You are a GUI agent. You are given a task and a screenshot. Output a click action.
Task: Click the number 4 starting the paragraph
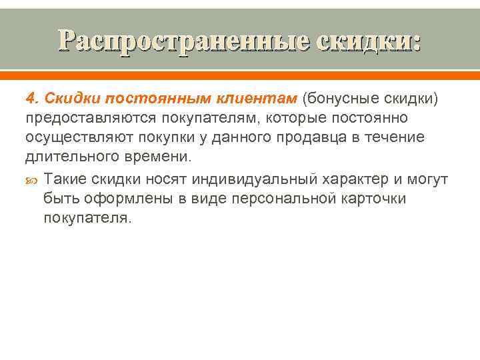pyautogui.click(x=30, y=99)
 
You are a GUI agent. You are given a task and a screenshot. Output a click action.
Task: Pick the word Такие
pyautogui.click(x=66, y=179)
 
